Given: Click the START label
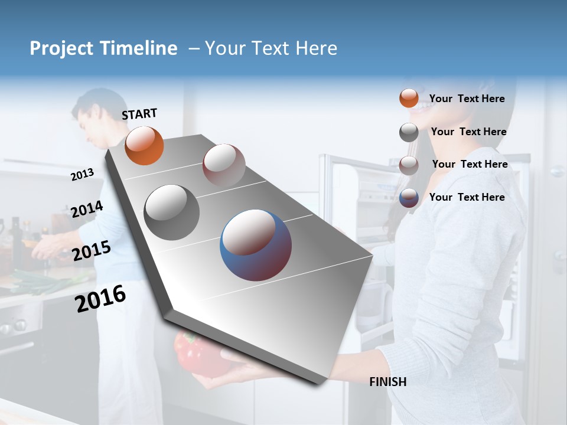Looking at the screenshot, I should pos(139,114).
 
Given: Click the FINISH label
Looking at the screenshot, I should pos(387,382).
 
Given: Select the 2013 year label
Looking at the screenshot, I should pos(82,174).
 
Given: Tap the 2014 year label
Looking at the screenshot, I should pos(87,210).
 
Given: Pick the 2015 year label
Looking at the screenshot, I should pos(91,251).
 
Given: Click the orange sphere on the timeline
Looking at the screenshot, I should pos(144,145).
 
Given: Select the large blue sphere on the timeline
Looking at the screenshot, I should pos(255,245).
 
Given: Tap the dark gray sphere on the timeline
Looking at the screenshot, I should pos(171,212).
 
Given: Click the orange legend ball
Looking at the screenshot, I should pos(409,98).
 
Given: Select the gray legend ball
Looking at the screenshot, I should pos(409,132).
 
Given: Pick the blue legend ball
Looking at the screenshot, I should pos(409,198).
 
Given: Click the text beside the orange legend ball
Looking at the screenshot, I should pos(467,99).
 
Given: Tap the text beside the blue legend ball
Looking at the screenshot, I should pos(467,197).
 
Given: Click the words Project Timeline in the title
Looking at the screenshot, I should pos(103,48).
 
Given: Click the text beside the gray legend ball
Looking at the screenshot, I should pos(468,132).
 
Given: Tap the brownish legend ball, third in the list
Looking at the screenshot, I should pos(409,165).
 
